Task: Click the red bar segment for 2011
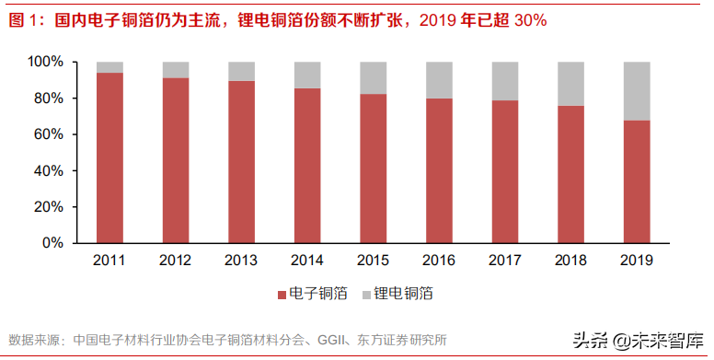(x=109, y=157)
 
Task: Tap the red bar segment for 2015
(x=373, y=168)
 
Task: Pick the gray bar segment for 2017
(x=504, y=81)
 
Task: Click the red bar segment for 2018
(x=570, y=175)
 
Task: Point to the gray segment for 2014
(x=306, y=75)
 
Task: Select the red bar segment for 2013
(x=241, y=162)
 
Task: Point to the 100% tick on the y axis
(x=44, y=62)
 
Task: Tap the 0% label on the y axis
(x=52, y=244)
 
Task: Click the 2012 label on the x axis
(x=175, y=261)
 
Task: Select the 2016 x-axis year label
(x=438, y=261)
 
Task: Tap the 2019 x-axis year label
(x=636, y=261)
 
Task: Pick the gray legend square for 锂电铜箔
(x=365, y=295)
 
